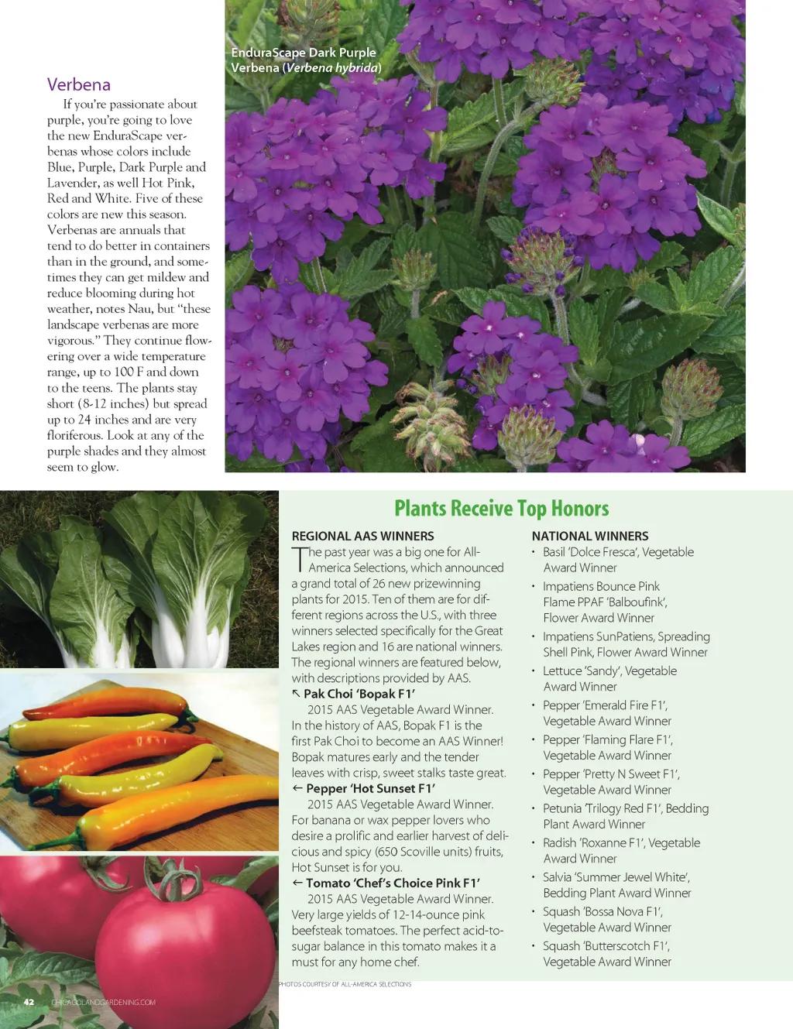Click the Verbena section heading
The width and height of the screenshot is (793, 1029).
[x=78, y=84]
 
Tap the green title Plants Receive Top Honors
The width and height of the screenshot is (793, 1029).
[x=501, y=509]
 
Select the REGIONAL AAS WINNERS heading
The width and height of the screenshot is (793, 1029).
[x=362, y=536]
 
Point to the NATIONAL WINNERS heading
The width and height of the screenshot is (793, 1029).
[x=590, y=536]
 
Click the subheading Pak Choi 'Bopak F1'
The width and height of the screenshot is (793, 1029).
[x=359, y=694]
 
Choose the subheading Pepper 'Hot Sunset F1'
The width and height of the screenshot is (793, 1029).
[x=370, y=788]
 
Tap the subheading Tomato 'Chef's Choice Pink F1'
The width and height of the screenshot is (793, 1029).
[x=393, y=883]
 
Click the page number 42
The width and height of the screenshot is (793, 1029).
[x=29, y=1002]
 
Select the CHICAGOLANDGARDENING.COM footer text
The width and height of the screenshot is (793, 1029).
[x=103, y=1003]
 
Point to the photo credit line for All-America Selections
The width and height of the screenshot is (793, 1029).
[x=345, y=984]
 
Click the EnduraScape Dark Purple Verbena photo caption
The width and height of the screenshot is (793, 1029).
[x=306, y=60]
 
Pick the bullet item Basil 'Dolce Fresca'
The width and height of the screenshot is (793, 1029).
[x=617, y=560]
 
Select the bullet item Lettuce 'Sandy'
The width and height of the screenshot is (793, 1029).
[x=609, y=678]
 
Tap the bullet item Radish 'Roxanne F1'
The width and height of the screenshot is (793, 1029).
[x=621, y=850]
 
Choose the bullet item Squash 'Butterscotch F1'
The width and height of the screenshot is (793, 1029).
[x=607, y=954]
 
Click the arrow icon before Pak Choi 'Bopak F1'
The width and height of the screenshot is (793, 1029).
[x=296, y=694]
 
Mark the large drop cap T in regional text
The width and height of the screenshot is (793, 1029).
[x=299, y=559]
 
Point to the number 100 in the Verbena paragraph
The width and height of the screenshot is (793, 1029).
[x=124, y=372]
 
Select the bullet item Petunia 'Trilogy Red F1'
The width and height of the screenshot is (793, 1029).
[x=625, y=816]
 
